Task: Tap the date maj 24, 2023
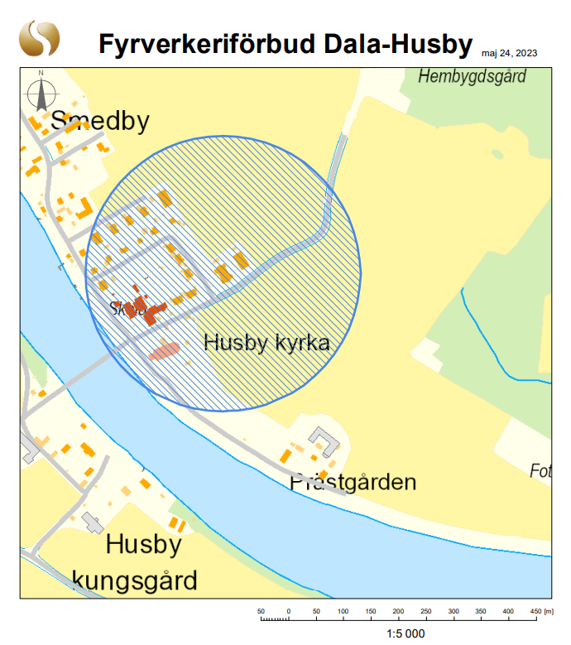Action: tap(509, 53)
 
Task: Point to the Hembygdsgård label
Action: tap(473, 77)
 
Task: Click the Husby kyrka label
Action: tap(266, 342)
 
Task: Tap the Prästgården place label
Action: tap(353, 481)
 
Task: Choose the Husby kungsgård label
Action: tap(137, 562)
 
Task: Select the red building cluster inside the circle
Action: tap(146, 309)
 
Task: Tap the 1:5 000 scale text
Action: tap(405, 633)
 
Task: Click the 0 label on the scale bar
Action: tap(288, 611)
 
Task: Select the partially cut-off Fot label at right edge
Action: tap(540, 471)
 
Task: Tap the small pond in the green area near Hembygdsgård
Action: tap(497, 153)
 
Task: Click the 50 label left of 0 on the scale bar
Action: tap(261, 611)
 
